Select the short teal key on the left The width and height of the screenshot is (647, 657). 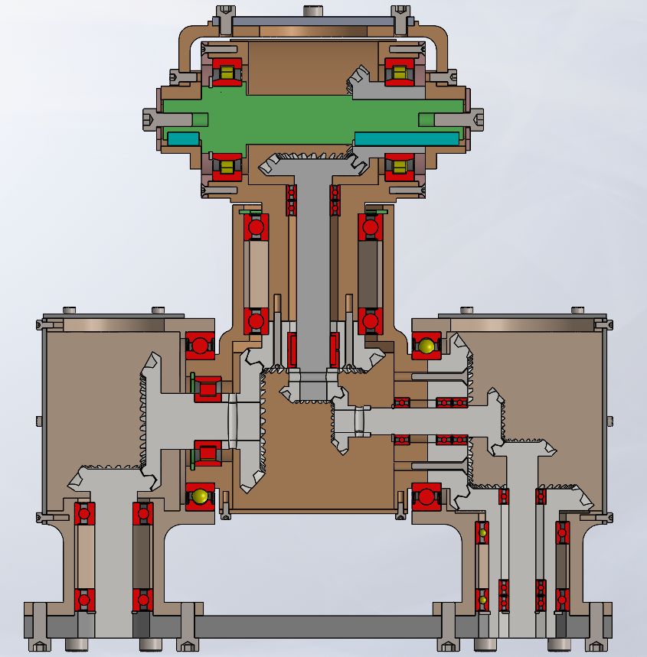tap(183, 138)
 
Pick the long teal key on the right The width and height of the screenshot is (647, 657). tap(406, 138)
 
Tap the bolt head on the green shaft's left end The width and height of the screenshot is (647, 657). tap(151, 119)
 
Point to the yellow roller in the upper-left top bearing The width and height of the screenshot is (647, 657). tap(227, 73)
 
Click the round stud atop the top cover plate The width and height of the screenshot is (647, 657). tap(312, 11)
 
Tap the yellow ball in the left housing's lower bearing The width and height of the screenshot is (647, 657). tap(201, 496)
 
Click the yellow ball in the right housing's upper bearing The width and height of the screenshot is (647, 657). tap(426, 347)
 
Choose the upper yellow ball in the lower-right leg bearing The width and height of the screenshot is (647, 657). tap(483, 532)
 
